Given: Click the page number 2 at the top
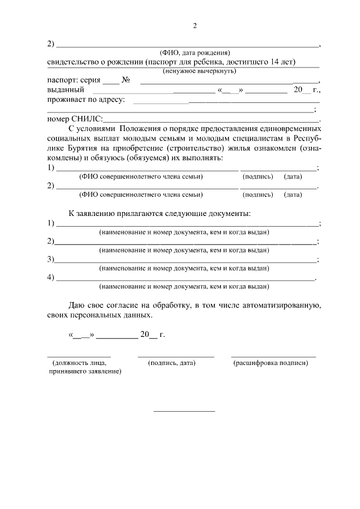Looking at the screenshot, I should (x=195, y=26).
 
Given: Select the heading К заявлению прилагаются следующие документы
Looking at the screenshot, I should (x=159, y=213).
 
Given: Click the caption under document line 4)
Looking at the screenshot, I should (x=183, y=286).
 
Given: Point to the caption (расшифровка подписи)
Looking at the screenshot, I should (x=271, y=363).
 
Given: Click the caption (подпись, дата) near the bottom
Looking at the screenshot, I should (x=172, y=363).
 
